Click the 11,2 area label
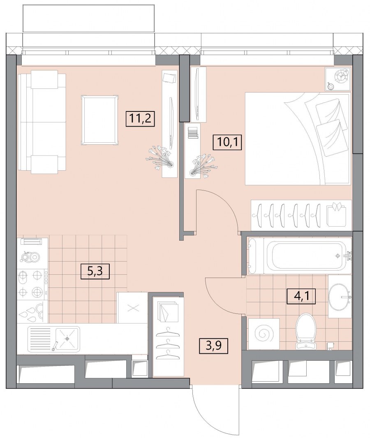coord(141,119)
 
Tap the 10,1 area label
coord(227,142)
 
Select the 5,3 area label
coord(95,271)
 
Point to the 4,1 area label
coord(301,296)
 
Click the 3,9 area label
coord(214,345)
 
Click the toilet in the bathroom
coord(307,331)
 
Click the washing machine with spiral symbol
coord(264,334)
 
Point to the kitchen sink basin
coord(67,338)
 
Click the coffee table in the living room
coord(99,120)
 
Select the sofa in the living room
coord(42,122)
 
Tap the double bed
coord(297,139)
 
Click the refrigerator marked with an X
coord(132,308)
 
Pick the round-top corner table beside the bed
coord(338,79)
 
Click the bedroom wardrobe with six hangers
coord(301,216)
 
